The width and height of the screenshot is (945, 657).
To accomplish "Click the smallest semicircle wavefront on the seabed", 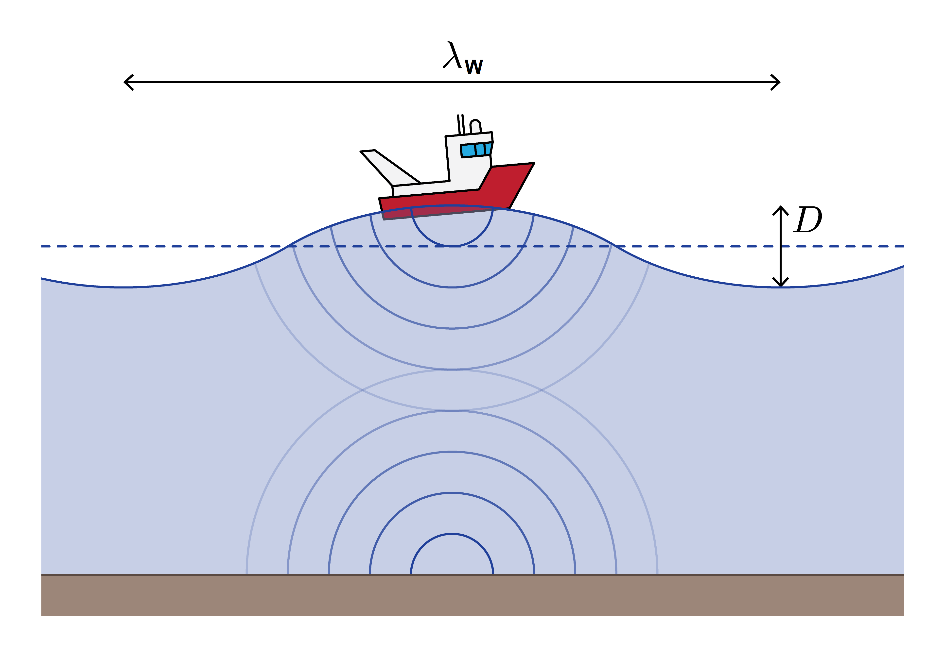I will pyautogui.click(x=452, y=534).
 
